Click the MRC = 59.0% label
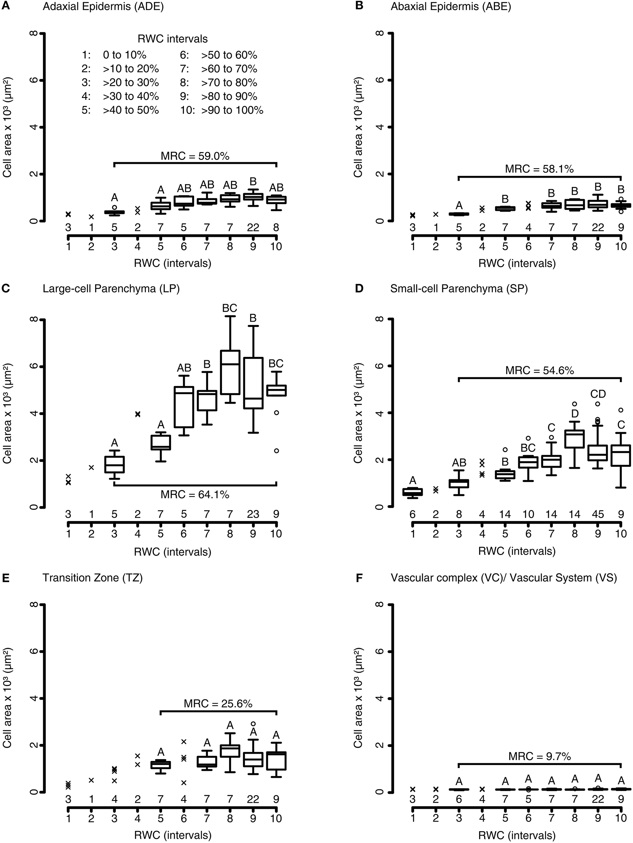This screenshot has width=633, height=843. [x=195, y=156]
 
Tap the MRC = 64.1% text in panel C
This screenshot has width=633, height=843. [x=195, y=495]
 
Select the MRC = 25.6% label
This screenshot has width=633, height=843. [x=218, y=704]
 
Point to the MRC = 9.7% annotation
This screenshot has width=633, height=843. [x=539, y=756]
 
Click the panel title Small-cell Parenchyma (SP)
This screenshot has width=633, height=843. [x=458, y=289]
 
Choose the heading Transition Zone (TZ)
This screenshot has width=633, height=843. [x=93, y=578]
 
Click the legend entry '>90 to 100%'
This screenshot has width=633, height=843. [x=232, y=110]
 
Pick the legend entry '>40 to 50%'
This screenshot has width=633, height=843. [x=131, y=110]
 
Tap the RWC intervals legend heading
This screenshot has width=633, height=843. [x=172, y=39]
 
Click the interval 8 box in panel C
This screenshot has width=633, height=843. [x=230, y=372]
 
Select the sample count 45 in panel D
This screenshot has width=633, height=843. [x=598, y=514]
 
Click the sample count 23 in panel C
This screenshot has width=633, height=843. [x=253, y=514]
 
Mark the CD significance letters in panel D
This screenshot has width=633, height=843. [x=598, y=394]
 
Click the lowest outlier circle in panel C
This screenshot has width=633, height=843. [x=276, y=450]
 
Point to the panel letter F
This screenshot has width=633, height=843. [x=358, y=578]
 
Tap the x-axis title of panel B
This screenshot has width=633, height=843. [x=516, y=263]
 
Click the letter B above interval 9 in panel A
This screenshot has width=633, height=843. [x=253, y=181]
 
